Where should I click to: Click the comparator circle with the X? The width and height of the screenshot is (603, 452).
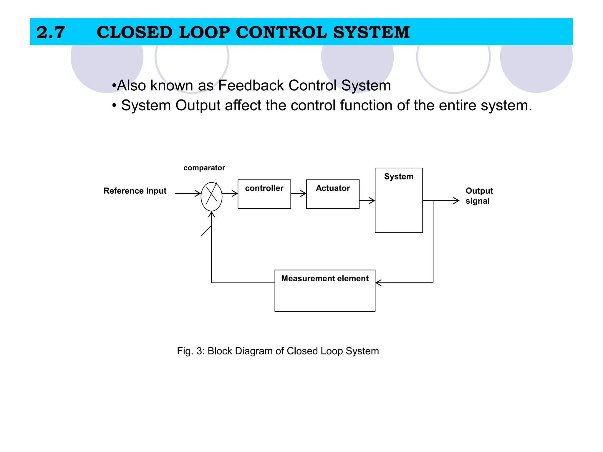click(x=211, y=196)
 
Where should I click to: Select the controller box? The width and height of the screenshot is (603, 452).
click(x=264, y=194)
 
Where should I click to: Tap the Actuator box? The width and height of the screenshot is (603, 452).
click(x=333, y=194)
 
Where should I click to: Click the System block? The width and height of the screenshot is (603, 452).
click(x=399, y=200)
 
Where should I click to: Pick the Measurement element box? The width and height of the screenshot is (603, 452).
click(x=325, y=290)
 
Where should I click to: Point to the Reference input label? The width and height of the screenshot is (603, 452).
click(x=135, y=191)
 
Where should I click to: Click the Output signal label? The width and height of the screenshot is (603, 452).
click(x=479, y=196)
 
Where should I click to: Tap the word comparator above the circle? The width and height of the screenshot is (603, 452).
click(x=204, y=168)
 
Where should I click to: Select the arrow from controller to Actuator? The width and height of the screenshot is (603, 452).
click(x=299, y=193)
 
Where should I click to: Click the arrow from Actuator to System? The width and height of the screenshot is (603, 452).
click(x=367, y=201)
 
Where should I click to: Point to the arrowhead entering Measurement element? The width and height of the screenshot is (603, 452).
click(x=379, y=283)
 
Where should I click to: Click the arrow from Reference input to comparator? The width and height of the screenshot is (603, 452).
click(x=188, y=193)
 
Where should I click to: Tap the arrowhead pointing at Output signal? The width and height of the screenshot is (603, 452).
click(x=456, y=201)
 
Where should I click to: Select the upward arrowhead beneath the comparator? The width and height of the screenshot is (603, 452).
click(x=211, y=214)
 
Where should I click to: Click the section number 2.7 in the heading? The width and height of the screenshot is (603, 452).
click(x=51, y=32)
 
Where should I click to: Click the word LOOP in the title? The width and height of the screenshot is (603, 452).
click(x=204, y=32)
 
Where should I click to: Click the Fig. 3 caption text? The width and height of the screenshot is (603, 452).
click(x=278, y=351)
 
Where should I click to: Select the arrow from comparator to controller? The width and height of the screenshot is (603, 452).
click(x=230, y=193)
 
